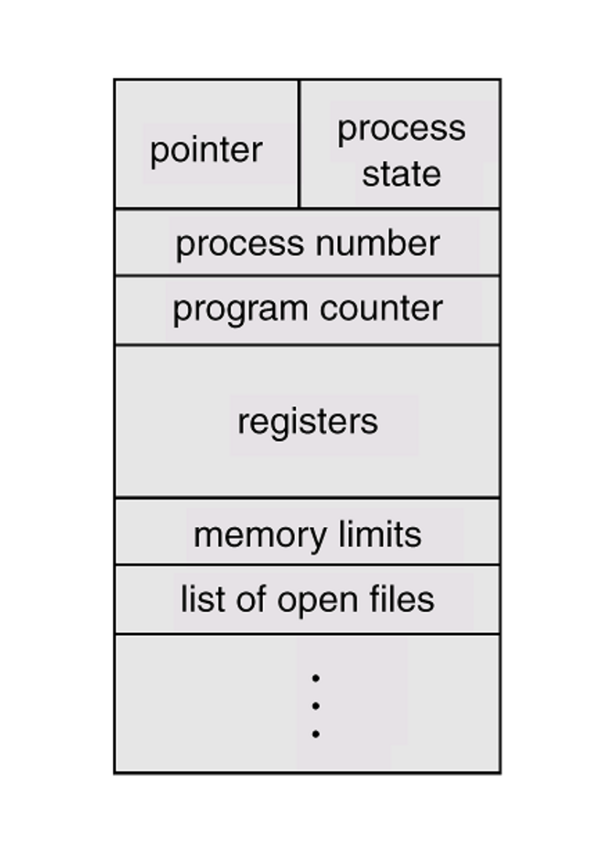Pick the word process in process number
(240, 244)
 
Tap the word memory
(260, 536)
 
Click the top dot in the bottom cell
(316, 678)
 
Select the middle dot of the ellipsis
(316, 706)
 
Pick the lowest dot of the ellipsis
(316, 734)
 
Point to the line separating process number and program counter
(307, 276)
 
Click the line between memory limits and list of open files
(307, 565)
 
